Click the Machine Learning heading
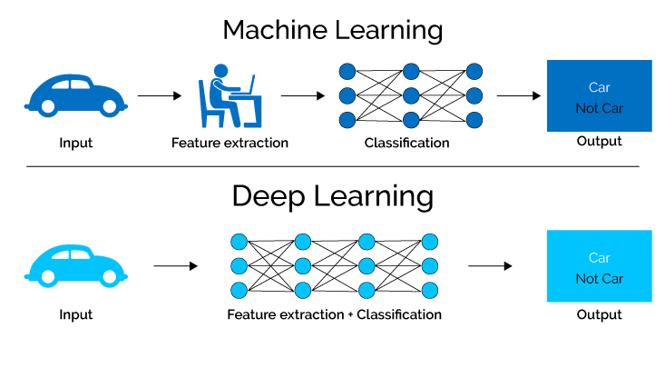tap(332, 29)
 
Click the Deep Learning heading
tap(332, 195)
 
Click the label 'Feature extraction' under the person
tap(230, 143)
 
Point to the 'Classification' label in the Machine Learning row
tap(406, 143)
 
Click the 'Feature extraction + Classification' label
tap(335, 314)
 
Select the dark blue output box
tap(599, 95)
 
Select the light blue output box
tap(599, 265)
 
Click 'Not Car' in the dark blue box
tap(599, 108)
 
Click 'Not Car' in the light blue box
tap(599, 278)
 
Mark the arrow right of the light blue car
tap(175, 266)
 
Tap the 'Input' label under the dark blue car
tap(75, 143)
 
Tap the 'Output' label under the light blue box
tap(599, 314)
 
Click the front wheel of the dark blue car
tap(109, 106)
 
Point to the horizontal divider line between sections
tap(332, 166)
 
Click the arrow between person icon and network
tap(302, 95)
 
